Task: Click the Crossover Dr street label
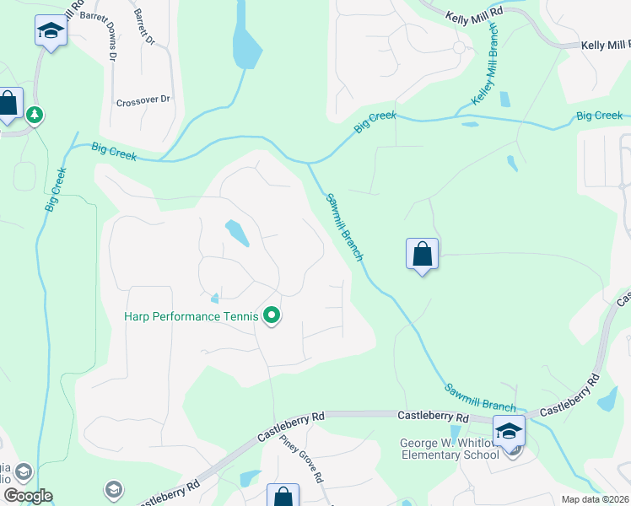coord(143,100)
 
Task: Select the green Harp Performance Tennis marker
coord(272,316)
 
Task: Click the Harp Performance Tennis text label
coord(191,317)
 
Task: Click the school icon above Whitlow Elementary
coord(509,431)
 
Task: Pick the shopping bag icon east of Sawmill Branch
coord(422,253)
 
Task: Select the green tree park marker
coord(35,114)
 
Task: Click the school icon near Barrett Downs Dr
coord(51,32)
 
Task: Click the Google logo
coord(27,496)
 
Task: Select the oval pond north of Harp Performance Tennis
coord(236,233)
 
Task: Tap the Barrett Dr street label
coord(145,28)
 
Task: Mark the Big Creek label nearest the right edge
coord(599,116)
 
